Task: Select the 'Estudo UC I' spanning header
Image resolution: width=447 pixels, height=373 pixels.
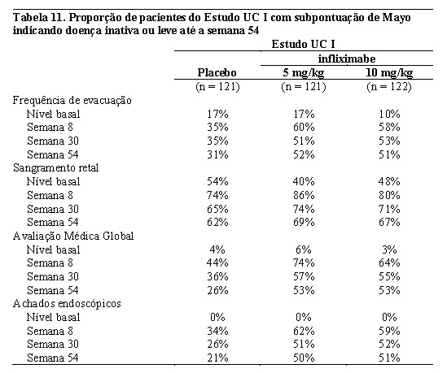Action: click(304, 45)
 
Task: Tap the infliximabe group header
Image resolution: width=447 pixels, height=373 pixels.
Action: click(347, 59)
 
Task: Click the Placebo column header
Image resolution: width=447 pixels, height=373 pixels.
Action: click(217, 72)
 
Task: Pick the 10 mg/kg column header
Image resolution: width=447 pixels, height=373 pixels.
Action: click(389, 73)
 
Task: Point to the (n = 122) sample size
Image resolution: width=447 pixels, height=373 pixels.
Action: click(389, 86)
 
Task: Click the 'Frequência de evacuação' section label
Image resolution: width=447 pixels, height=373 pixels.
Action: click(72, 101)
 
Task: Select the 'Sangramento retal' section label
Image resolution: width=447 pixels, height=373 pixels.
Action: click(56, 168)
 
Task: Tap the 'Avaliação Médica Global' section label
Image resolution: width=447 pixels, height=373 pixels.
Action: click(73, 236)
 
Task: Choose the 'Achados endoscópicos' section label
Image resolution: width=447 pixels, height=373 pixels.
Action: click(67, 304)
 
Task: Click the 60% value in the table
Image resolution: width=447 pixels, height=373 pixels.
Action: click(304, 128)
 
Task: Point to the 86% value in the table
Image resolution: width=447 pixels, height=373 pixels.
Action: click(304, 196)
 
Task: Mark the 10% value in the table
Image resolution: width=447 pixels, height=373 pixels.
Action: click(389, 115)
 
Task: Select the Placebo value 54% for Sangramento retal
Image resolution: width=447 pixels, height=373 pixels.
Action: click(217, 181)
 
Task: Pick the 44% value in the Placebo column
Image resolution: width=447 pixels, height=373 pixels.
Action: click(217, 262)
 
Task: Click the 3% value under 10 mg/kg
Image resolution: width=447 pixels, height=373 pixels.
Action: click(389, 249)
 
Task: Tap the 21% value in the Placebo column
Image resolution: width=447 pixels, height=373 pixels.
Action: click(217, 358)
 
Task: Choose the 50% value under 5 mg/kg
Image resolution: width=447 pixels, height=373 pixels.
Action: click(304, 358)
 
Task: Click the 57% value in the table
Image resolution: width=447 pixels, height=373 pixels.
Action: click(304, 276)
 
